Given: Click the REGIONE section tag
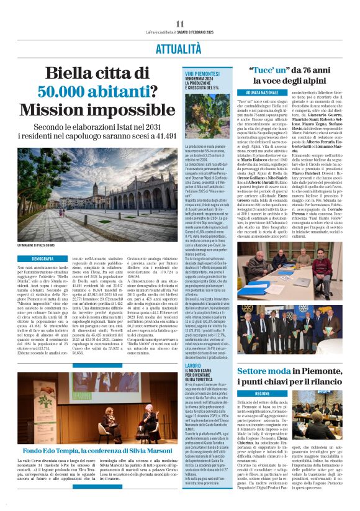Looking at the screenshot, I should coord(262,394).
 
